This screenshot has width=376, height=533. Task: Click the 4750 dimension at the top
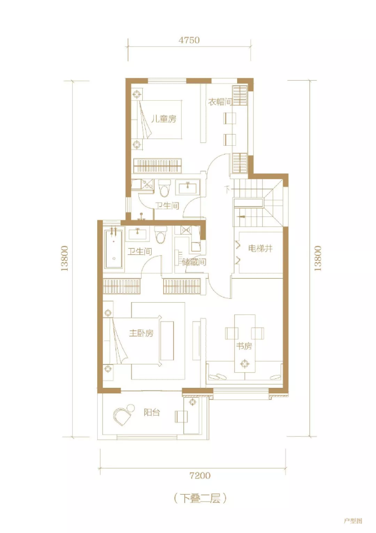189,40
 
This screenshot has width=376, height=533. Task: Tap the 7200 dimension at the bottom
200,475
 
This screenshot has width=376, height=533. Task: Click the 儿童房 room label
164,119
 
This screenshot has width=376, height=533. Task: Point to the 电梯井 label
260,249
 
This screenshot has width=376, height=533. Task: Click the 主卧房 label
141,333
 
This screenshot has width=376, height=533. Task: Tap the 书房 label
244,346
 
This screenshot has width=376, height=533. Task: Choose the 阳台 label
152,413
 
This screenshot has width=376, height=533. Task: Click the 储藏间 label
194,262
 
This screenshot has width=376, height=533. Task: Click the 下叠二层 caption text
200,499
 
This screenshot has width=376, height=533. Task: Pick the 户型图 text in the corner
353,521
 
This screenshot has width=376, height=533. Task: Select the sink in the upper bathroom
187,187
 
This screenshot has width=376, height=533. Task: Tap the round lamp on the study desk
244,364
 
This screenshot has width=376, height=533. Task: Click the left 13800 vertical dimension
64,258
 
